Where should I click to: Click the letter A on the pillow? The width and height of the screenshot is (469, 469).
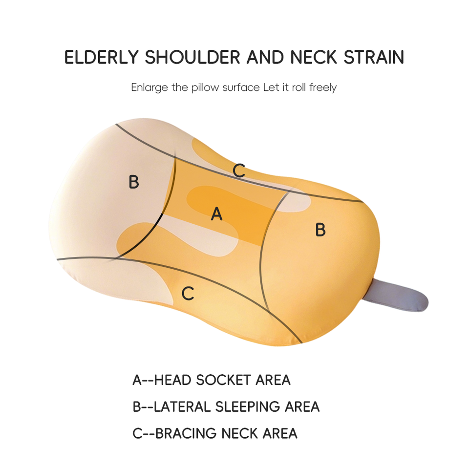(x=216, y=213)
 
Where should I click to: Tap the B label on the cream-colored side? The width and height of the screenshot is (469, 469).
(x=134, y=182)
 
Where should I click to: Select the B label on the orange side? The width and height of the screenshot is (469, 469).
(x=320, y=230)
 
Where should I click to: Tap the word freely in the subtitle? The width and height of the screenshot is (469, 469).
(x=322, y=88)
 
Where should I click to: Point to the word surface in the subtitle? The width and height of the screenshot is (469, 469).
(x=241, y=88)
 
